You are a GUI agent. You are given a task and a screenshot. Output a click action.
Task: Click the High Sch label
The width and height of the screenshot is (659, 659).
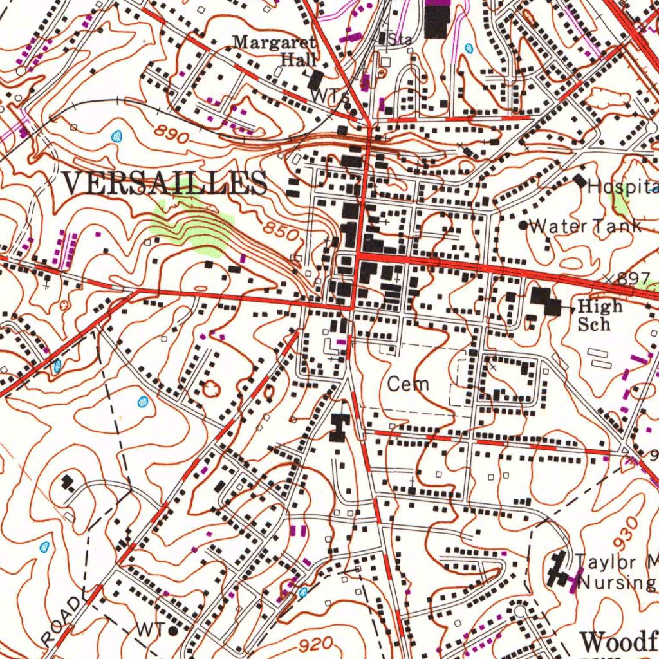(599, 315)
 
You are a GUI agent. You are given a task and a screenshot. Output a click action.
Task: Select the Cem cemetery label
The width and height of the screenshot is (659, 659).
(408, 385)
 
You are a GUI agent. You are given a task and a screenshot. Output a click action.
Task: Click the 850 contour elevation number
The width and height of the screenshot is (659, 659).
(281, 230)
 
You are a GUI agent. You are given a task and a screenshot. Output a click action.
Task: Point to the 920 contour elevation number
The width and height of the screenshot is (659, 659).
(315, 644)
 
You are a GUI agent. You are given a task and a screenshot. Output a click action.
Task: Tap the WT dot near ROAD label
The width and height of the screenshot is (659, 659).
(172, 631)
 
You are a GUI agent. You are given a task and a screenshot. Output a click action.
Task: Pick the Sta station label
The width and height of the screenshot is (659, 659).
(400, 39)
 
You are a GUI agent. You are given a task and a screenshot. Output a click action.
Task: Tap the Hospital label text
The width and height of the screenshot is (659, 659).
(621, 187)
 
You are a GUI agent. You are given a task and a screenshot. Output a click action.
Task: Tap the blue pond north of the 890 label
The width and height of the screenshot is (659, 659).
(116, 136)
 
